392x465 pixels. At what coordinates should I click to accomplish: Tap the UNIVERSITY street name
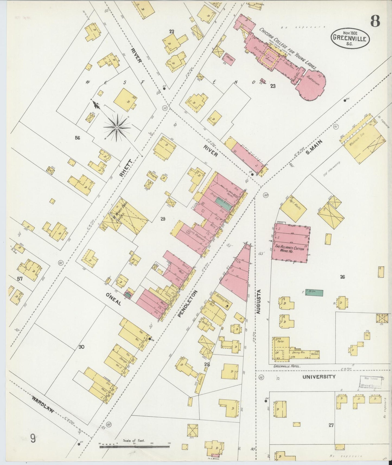click(319, 377)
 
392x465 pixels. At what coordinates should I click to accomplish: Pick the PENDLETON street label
click(188, 303)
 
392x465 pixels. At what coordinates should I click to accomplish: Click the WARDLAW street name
click(42, 405)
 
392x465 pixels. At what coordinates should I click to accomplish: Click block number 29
click(163, 219)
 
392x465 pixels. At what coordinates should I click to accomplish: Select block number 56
click(78, 138)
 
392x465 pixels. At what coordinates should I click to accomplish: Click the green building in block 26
click(314, 292)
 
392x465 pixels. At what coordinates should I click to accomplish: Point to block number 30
click(81, 347)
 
